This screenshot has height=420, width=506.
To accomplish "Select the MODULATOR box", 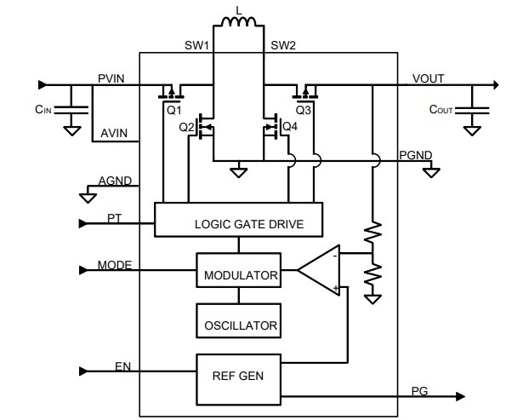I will [241, 274].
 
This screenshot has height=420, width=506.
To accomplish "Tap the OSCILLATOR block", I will [241, 325].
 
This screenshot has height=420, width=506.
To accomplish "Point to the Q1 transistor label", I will [174, 110].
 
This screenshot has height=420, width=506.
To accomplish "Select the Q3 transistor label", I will [304, 110].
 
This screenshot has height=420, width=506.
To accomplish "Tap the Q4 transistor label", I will [290, 127].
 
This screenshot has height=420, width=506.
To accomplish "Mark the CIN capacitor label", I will [43, 110].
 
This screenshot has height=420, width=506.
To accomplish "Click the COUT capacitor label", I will [441, 110].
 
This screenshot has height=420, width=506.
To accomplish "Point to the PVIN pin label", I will [111, 78].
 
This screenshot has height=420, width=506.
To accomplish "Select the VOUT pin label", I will [428, 78].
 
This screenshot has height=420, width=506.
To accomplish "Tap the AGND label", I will [115, 181].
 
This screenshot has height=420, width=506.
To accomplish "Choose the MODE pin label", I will [114, 265].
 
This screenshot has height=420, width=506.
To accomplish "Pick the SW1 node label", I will [196, 44].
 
